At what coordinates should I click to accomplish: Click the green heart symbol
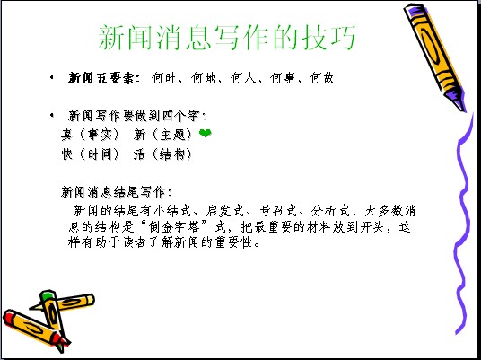pos(205,133)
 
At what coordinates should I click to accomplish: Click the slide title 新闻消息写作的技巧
pos(227,38)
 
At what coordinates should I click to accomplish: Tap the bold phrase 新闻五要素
pos(101,78)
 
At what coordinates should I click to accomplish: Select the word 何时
pos(163,78)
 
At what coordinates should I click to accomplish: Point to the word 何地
pos(203,78)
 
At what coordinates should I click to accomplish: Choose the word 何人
pos(242,78)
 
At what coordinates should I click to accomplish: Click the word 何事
pos(282,78)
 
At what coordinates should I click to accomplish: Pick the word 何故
pos(322,78)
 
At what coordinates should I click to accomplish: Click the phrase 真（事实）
pos(90,135)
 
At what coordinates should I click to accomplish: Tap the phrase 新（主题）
pos(162,135)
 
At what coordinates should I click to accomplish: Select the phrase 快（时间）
pos(90,154)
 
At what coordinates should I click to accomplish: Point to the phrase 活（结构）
pos(162,154)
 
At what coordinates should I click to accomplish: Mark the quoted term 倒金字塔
pos(174,227)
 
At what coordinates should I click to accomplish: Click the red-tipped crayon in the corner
pos(35,328)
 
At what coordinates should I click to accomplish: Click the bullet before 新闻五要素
pos(52,77)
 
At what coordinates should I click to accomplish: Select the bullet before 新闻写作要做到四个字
pos(52,116)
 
